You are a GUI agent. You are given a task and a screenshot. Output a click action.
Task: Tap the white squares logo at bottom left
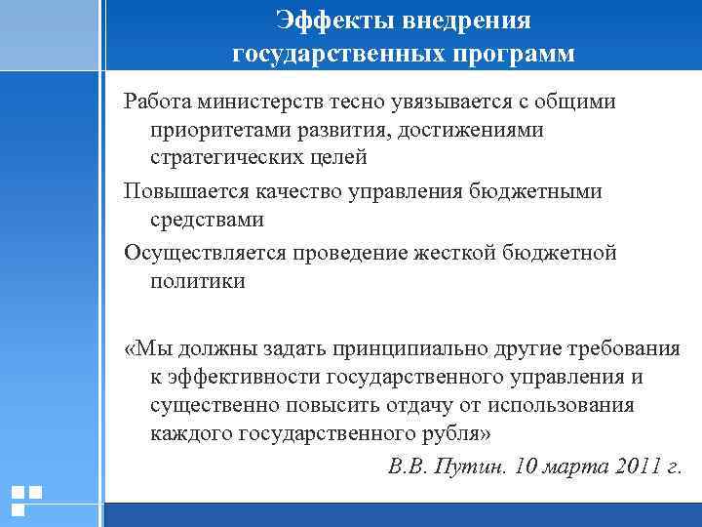[26, 501]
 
